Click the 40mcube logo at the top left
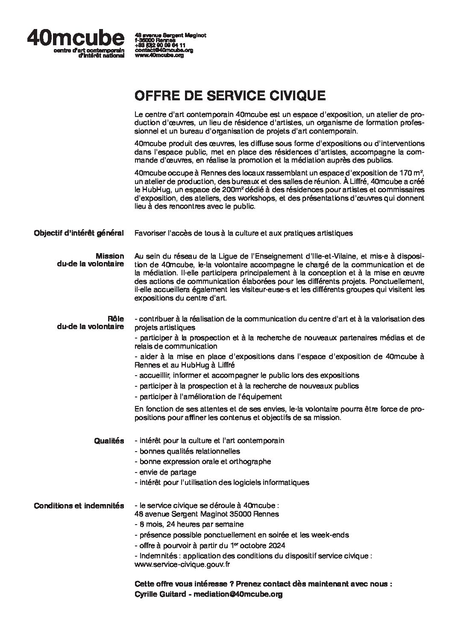(x=76, y=39)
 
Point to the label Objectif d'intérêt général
(x=79, y=233)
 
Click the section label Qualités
(x=109, y=441)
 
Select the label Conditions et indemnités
(x=79, y=506)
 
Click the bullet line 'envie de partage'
(x=165, y=472)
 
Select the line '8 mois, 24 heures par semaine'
(x=189, y=524)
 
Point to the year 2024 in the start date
(x=276, y=546)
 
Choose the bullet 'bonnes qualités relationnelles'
(x=187, y=451)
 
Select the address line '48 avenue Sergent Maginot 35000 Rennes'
(x=206, y=514)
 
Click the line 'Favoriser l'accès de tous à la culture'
(x=244, y=233)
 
